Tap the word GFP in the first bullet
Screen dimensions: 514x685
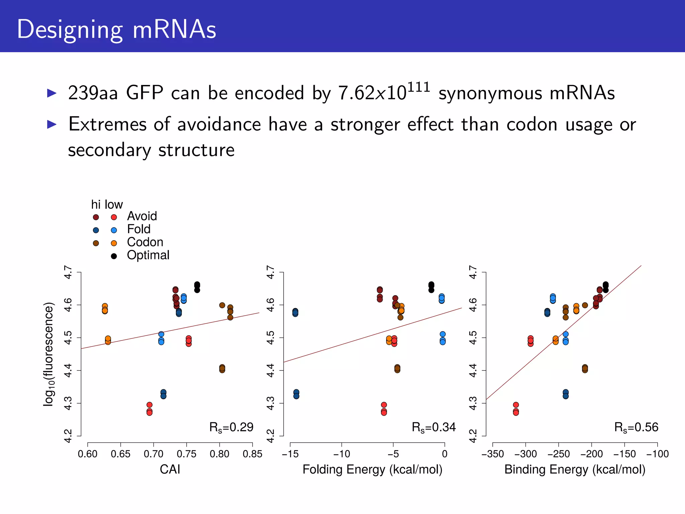(x=144, y=93)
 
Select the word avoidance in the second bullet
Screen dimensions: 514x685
(x=219, y=124)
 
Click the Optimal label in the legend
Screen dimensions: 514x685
(x=148, y=255)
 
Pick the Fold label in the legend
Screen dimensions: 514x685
(x=138, y=230)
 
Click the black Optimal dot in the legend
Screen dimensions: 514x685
(x=114, y=256)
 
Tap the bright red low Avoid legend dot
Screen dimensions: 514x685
(x=114, y=218)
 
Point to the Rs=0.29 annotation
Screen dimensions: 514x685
(x=231, y=427)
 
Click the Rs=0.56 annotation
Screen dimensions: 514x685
(x=636, y=427)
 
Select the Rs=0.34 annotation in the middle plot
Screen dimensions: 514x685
(x=433, y=427)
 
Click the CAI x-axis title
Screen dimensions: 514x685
(x=170, y=469)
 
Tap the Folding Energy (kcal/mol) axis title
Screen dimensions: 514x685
(x=372, y=469)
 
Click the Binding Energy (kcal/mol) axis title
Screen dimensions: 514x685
(x=575, y=469)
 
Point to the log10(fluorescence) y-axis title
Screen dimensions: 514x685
(x=49, y=354)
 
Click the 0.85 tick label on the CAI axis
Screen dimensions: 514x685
(x=253, y=454)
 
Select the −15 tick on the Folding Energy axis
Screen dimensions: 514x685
(x=290, y=454)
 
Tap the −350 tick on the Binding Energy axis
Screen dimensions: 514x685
(x=492, y=454)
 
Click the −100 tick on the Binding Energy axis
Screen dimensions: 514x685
(x=657, y=454)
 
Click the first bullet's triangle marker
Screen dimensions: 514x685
(x=52, y=93)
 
